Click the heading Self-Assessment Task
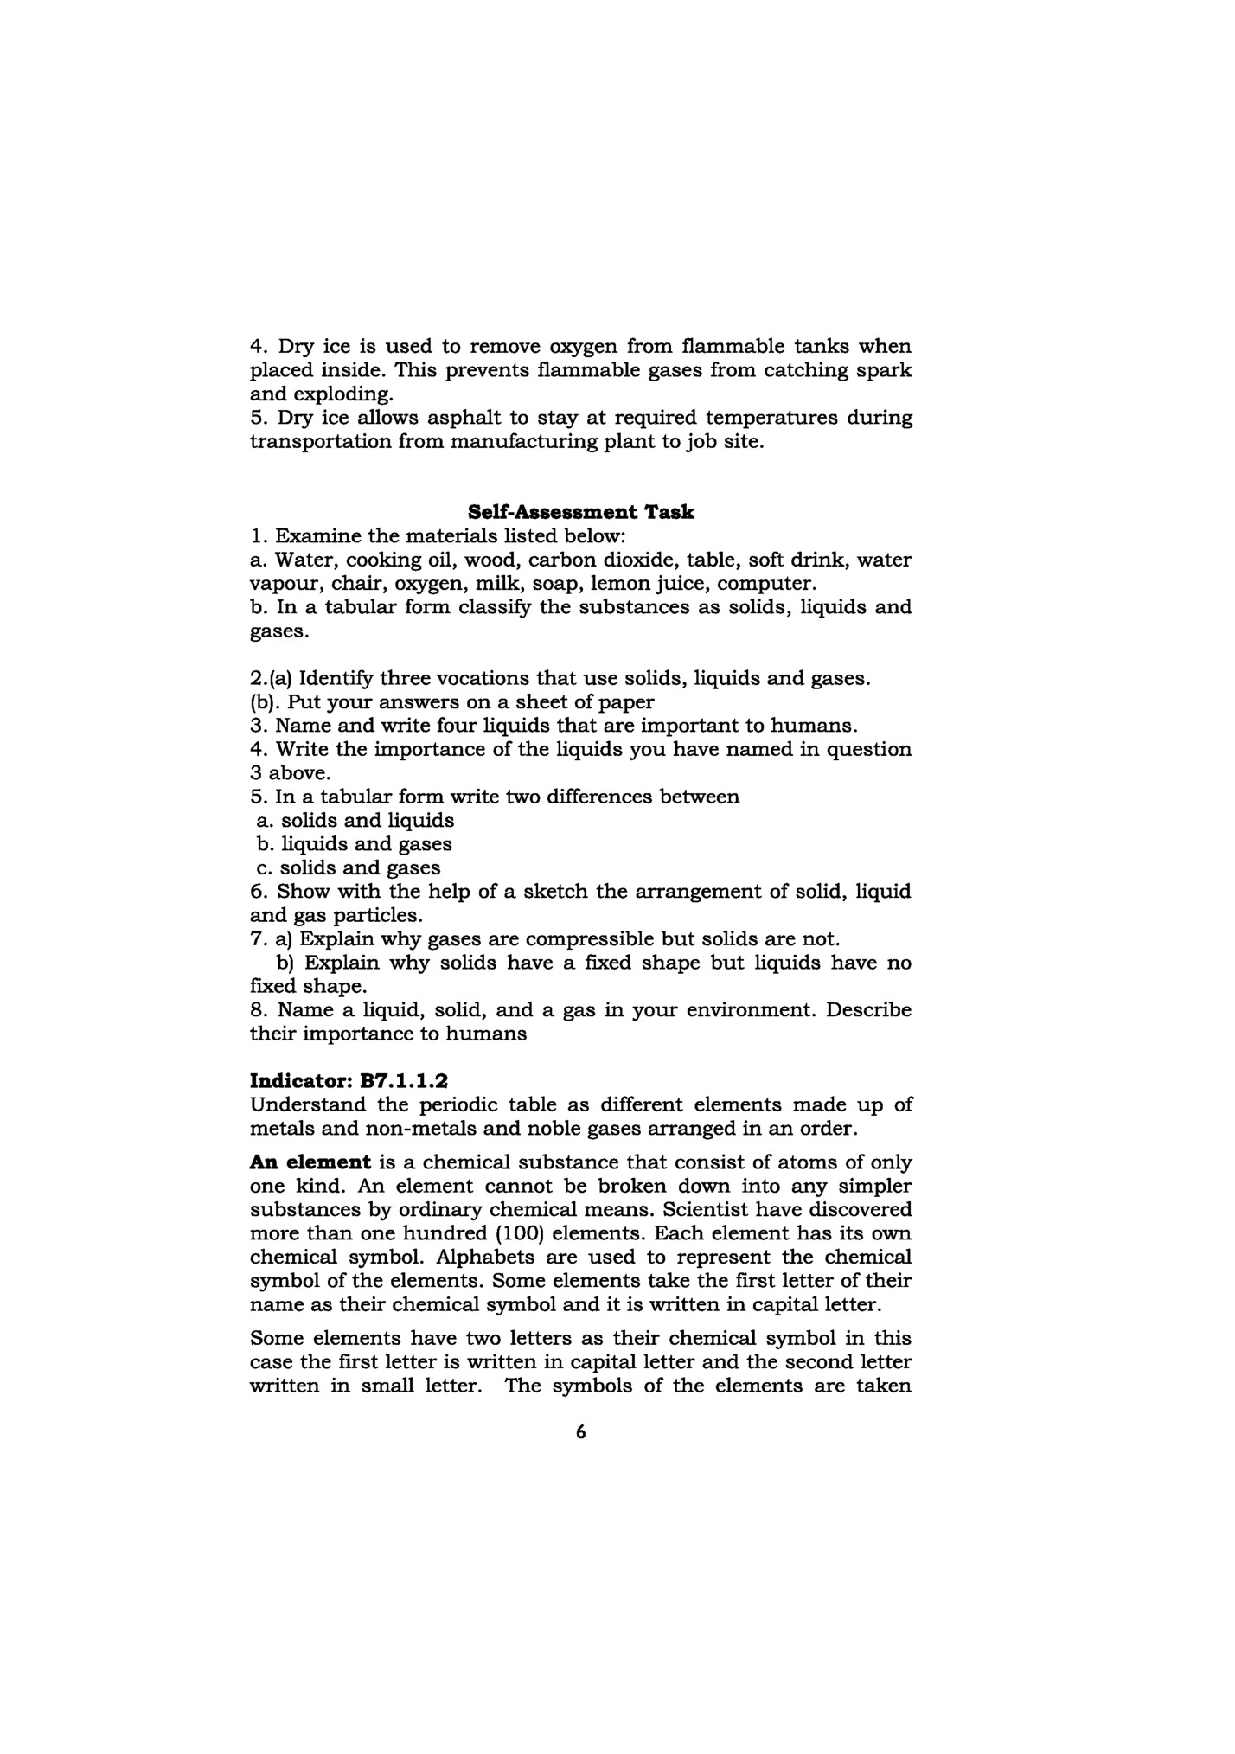(580, 512)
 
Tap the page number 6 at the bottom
(580, 1433)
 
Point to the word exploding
(344, 394)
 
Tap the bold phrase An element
(310, 1162)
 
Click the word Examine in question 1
(316, 535)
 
